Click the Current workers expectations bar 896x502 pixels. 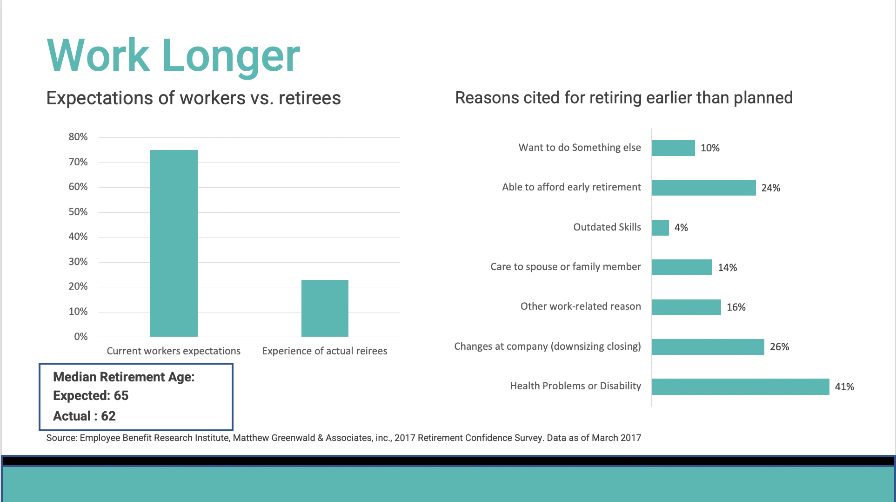click(x=174, y=243)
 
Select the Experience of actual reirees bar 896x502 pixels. click(x=325, y=308)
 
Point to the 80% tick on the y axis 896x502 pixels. click(x=78, y=137)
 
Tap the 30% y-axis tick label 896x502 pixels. click(x=78, y=262)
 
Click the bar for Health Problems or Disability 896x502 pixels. click(x=740, y=387)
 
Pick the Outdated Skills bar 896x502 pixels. click(x=660, y=228)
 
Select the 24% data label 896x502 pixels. click(x=770, y=188)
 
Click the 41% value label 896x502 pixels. click(x=844, y=387)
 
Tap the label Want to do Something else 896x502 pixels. click(x=579, y=148)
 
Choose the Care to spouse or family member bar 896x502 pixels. click(x=682, y=267)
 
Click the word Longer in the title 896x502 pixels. click(x=231, y=56)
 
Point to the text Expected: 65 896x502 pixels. click(x=91, y=395)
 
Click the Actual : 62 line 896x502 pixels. click(x=84, y=416)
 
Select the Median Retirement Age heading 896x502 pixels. click(x=124, y=377)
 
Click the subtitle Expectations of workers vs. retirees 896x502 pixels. click(x=194, y=98)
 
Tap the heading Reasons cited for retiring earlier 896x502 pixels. click(x=623, y=98)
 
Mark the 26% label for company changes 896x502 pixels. click(x=779, y=347)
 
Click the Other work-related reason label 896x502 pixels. click(x=580, y=306)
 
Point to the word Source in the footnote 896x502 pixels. click(x=61, y=438)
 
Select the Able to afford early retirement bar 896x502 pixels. click(x=703, y=188)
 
